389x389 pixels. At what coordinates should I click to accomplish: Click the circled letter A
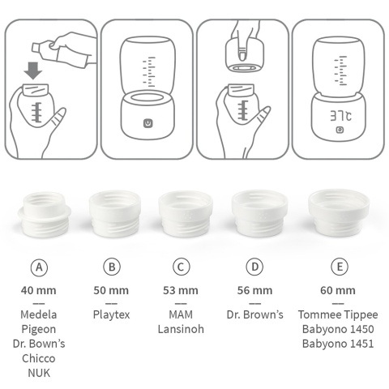tap(38, 267)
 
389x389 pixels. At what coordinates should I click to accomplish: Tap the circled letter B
tap(112, 267)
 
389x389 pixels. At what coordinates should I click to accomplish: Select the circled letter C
tap(182, 267)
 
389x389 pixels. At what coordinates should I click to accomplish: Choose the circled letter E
tap(338, 267)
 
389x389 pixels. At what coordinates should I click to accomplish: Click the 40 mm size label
tap(38, 290)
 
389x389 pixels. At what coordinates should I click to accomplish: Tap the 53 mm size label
tap(182, 290)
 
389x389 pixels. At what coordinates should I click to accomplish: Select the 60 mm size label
tap(338, 290)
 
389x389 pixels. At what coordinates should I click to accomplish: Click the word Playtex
tap(112, 314)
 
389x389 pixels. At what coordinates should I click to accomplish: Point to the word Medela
tap(38, 314)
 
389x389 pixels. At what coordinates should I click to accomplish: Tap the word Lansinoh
tap(182, 329)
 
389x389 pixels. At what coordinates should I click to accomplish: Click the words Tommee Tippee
tap(338, 314)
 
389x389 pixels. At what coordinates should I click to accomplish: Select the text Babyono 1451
tap(338, 344)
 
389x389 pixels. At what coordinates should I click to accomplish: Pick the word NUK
tap(38, 373)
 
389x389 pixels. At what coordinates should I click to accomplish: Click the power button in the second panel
tap(147, 123)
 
